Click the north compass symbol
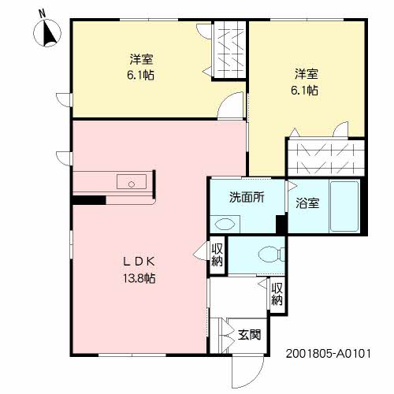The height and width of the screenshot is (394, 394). (x=47, y=33)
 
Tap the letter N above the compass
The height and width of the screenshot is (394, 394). (x=42, y=13)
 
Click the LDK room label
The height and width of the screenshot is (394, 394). (x=139, y=262)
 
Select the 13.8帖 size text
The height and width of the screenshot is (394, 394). (x=139, y=278)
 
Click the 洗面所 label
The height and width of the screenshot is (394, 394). (x=247, y=198)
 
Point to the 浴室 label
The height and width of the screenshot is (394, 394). (x=307, y=203)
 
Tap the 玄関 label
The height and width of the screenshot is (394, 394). (x=249, y=335)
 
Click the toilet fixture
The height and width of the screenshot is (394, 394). (x=272, y=254)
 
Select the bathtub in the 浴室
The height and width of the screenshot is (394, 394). (x=344, y=206)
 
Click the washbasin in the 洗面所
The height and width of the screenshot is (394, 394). (x=225, y=225)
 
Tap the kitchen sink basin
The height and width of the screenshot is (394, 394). (x=132, y=181)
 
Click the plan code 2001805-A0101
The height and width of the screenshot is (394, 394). (x=329, y=354)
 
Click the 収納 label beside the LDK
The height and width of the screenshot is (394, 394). (x=217, y=255)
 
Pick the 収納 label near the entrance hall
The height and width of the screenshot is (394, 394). (x=277, y=294)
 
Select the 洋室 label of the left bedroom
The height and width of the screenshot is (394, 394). (x=141, y=59)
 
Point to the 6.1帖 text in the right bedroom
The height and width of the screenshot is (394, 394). (x=304, y=91)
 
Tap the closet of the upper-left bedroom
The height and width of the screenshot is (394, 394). (x=229, y=50)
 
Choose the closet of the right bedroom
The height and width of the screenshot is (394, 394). (x=326, y=158)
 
